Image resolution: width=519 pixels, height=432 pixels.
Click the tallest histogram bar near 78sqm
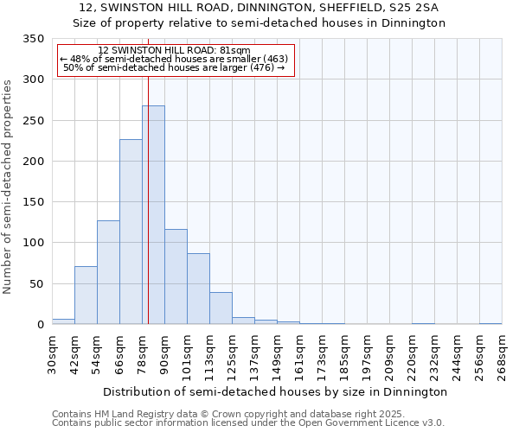(153, 216)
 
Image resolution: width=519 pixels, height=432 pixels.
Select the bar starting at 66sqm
(131, 233)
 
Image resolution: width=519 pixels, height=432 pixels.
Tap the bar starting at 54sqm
(108, 273)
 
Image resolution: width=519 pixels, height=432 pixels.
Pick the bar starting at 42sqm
(86, 295)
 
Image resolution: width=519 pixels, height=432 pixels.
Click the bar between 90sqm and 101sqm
(176, 277)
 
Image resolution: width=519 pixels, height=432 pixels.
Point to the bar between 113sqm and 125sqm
(221, 308)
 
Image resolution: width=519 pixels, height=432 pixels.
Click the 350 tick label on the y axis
(33, 39)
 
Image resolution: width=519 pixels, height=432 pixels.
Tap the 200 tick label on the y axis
(33, 162)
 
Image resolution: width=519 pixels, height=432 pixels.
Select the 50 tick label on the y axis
(36, 284)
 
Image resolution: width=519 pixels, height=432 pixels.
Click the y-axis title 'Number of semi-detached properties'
(9, 186)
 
